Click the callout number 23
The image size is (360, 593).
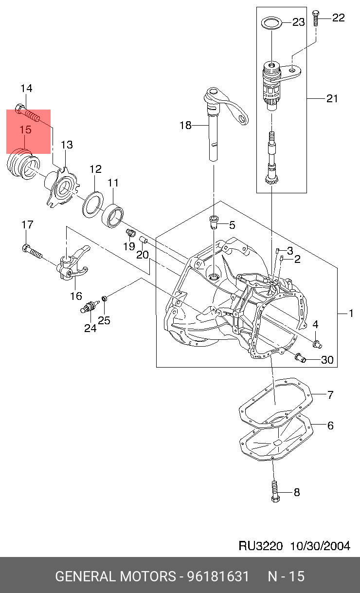[x=298, y=22]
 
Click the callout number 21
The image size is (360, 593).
[x=332, y=99]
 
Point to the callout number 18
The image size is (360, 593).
[x=185, y=126]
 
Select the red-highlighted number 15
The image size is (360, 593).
[x=25, y=130]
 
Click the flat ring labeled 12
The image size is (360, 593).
[x=93, y=204]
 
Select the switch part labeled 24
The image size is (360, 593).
[x=89, y=308]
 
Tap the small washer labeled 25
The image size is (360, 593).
[x=104, y=297]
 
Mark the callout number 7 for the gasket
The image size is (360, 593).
[x=330, y=395]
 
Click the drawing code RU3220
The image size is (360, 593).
[x=260, y=546]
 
